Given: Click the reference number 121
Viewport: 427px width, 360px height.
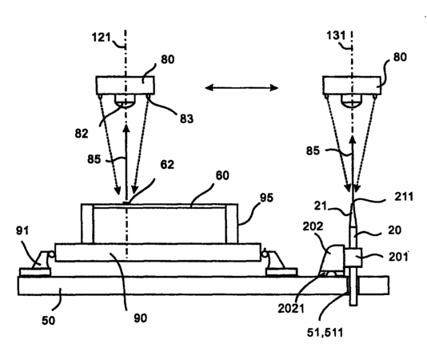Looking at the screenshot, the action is coord(101,38).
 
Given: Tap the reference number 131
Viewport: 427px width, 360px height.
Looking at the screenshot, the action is coord(336,35).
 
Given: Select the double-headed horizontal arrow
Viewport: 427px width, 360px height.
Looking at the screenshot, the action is coord(241,87).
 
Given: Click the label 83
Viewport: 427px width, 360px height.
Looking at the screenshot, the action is coord(186,118).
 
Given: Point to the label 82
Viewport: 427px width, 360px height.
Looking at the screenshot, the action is coord(82,134).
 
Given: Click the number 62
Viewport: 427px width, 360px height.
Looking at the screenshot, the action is coord(167,165).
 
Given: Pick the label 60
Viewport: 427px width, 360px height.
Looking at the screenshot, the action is coord(222,175).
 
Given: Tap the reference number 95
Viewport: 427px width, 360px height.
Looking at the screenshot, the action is coord(266,198).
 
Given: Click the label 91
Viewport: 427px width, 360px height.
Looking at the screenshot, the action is coord(22,230).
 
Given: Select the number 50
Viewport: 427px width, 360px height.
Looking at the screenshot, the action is coord(48,321).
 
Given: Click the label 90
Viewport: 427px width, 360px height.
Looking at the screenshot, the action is coord(140,318).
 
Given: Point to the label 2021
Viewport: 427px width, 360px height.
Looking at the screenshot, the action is coord(291,309).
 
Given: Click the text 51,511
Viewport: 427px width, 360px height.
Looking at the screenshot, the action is coord(325,333).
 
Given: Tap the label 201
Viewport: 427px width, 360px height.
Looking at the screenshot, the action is coord(398,257).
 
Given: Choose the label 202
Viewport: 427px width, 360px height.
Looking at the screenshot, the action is coord(313,226).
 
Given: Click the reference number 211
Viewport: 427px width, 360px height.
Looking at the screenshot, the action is coord(404,197).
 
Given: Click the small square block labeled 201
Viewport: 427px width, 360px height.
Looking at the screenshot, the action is coord(353,258).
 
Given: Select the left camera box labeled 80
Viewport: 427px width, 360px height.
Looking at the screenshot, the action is coord(126,86).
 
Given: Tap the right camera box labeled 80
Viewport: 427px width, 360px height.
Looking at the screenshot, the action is coord(352,86).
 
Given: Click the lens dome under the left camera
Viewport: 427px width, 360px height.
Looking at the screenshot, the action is coord(125,101).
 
